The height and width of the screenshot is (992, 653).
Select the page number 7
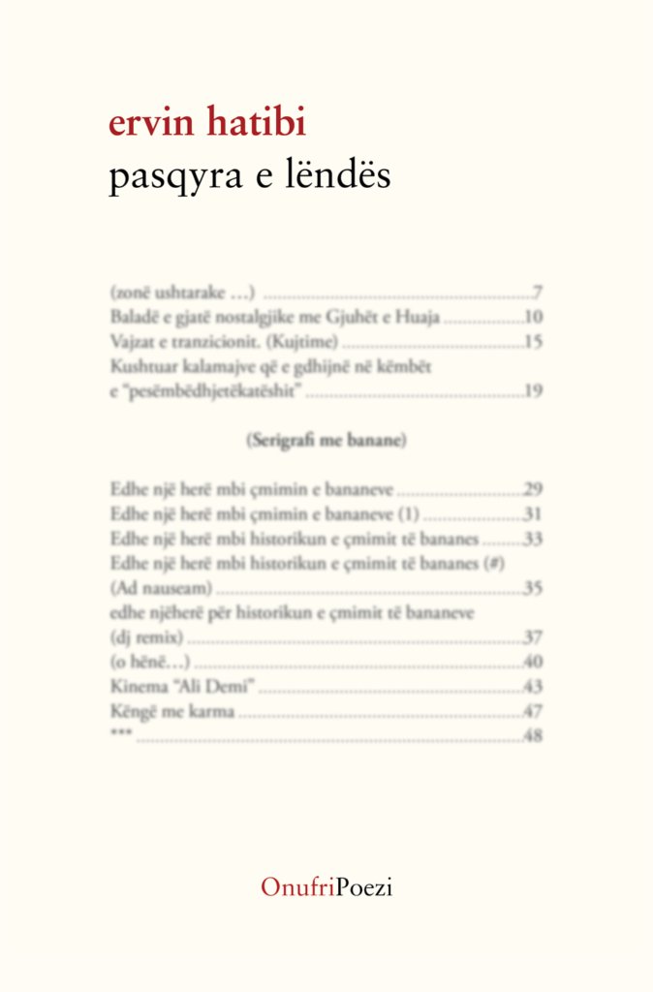point(537,292)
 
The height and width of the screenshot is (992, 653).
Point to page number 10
point(533,317)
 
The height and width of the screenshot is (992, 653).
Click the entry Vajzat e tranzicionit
point(225,342)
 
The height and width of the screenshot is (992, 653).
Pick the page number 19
point(533,391)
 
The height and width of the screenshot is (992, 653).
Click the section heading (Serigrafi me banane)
point(326,441)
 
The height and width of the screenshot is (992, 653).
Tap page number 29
point(533,489)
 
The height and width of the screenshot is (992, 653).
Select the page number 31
point(533,513)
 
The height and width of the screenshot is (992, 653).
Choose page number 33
point(533,539)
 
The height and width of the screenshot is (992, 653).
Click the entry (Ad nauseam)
point(162,588)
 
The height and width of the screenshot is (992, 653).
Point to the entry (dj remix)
point(147,637)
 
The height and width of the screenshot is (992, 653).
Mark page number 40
point(533,663)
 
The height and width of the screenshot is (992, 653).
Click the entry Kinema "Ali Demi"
point(182,687)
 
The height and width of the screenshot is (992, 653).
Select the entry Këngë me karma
point(173,712)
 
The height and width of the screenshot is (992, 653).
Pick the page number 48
point(533,736)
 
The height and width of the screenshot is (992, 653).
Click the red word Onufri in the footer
point(297,886)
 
